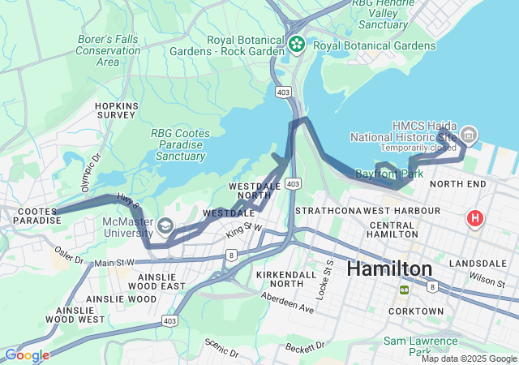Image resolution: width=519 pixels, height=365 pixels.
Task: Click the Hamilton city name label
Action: [390, 268]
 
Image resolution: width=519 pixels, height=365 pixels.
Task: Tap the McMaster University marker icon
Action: [165, 225]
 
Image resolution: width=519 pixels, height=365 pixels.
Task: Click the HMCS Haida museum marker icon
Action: [468, 134]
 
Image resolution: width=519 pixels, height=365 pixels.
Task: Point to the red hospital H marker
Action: [474, 218]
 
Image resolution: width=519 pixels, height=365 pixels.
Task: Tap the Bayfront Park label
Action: [389, 174]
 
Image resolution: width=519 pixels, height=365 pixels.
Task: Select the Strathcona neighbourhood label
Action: [324, 211]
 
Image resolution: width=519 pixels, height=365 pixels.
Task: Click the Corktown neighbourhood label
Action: [416, 311]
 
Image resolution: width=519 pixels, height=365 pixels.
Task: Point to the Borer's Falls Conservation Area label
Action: [108, 49]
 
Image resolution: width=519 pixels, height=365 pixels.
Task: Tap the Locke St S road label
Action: [328, 277]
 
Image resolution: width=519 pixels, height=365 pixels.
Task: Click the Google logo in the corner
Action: [26, 355]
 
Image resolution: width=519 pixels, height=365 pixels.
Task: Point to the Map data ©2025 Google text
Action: [469, 359]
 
